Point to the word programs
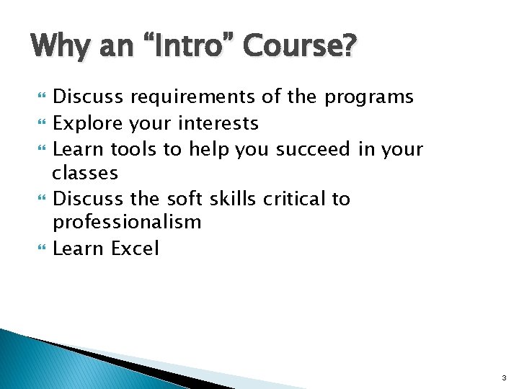tap(368, 97)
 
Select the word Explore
tap(89, 123)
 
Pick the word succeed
tap(314, 149)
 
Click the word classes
tap(85, 174)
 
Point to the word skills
tap(234, 198)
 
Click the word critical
tap(296, 198)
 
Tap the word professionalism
tap(127, 223)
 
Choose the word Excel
tap(135, 249)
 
